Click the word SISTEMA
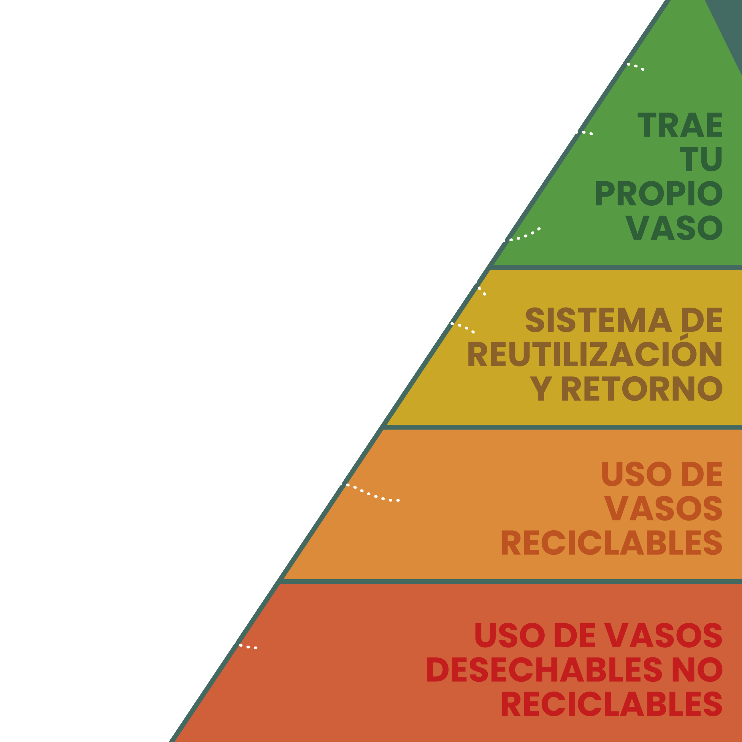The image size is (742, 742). coord(597,320)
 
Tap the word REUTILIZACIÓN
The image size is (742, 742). coord(595,354)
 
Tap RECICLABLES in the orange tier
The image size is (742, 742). coord(612,543)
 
